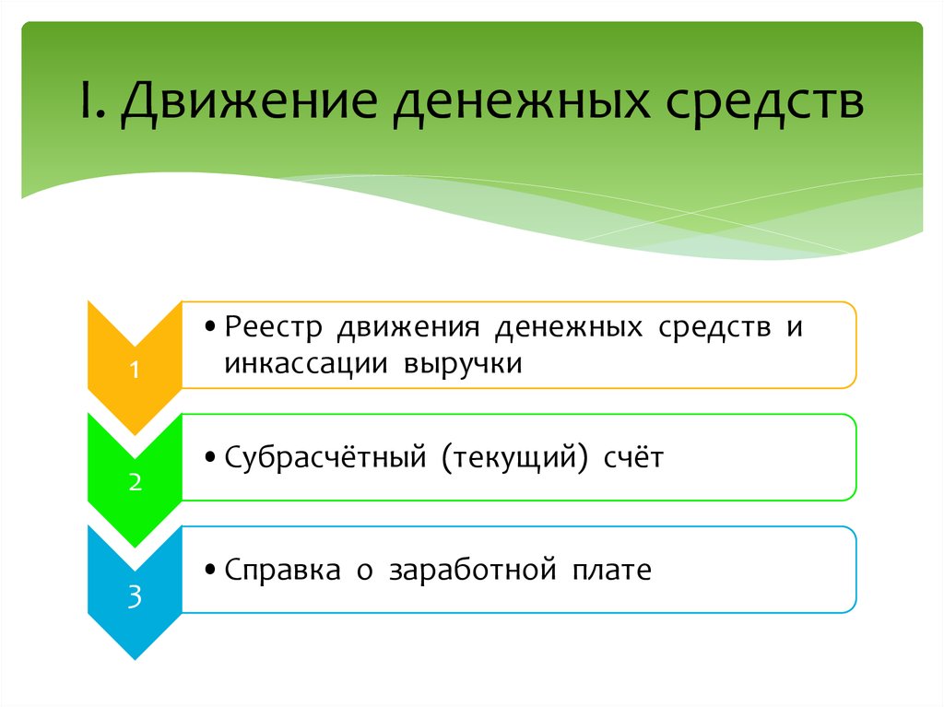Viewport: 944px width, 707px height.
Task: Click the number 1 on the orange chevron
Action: tap(135, 371)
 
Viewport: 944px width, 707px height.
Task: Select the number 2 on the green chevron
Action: tap(135, 483)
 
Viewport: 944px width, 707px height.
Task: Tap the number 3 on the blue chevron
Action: tap(135, 596)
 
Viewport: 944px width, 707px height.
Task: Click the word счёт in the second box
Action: tap(634, 457)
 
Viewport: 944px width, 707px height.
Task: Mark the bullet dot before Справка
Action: tap(212, 571)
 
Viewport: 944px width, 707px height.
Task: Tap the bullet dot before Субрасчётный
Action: tap(212, 459)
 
